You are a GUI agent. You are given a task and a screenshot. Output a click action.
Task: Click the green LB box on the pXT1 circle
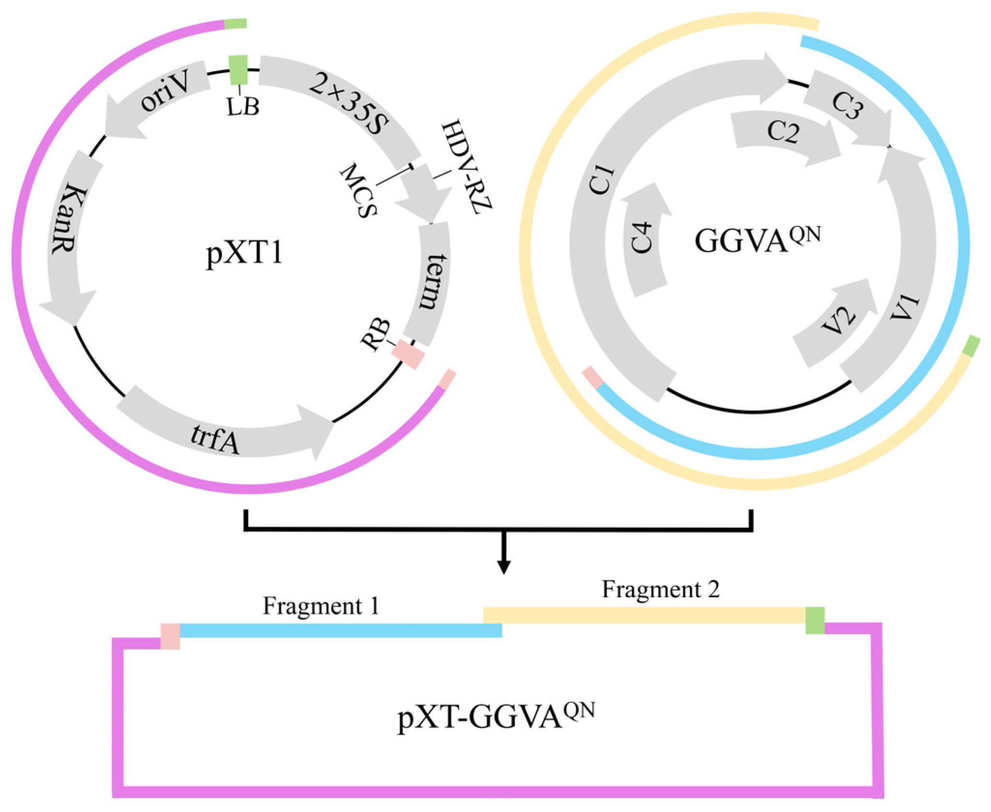tap(238, 70)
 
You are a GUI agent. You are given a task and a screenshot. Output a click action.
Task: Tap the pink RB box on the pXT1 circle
tap(408, 354)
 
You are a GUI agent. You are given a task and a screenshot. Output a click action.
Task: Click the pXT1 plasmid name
tap(244, 253)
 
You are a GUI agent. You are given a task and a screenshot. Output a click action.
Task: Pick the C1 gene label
tap(602, 179)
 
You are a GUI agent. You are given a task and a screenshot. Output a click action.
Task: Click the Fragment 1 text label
tap(321, 606)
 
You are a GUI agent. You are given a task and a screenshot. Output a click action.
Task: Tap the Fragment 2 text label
tap(660, 590)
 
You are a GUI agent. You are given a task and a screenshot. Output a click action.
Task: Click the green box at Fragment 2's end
tap(815, 620)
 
